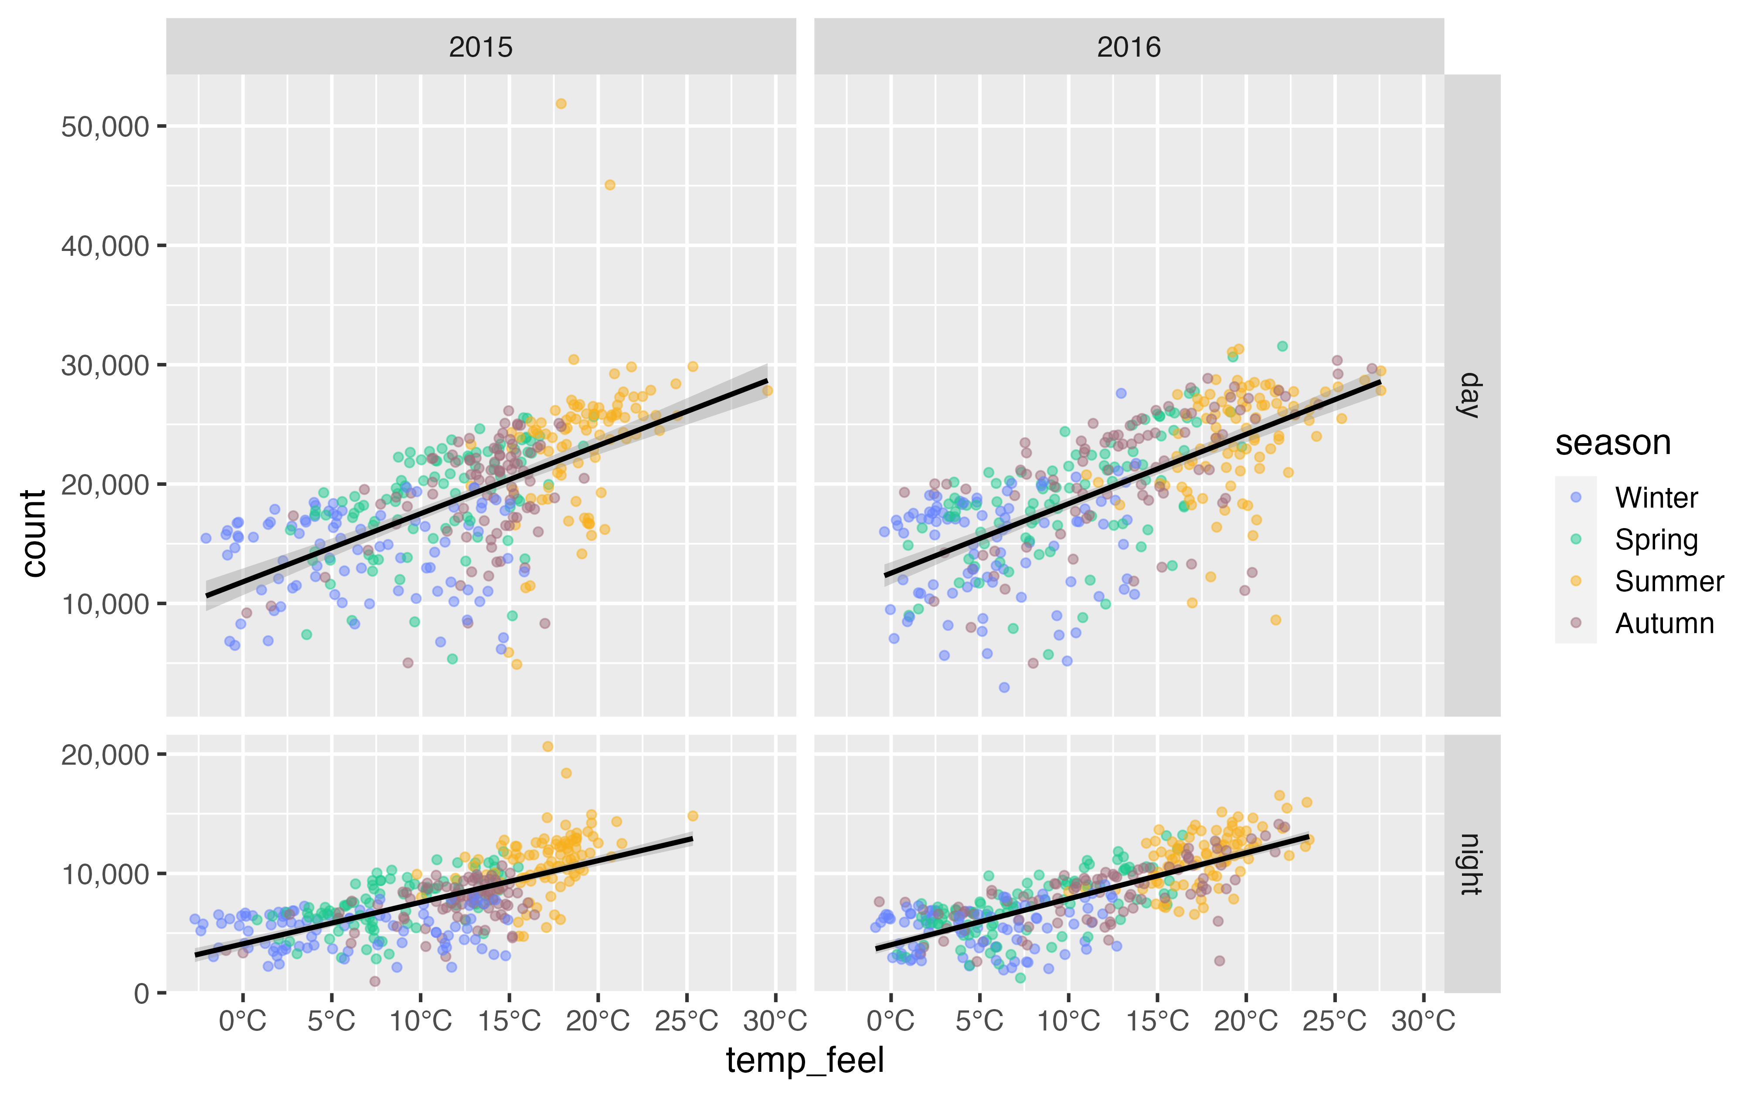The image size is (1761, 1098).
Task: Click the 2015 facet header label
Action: tap(480, 47)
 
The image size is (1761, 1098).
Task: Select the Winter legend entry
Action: tap(1656, 498)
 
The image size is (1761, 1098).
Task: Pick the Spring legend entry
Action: tap(1656, 539)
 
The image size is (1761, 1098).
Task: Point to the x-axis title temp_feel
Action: tap(805, 1060)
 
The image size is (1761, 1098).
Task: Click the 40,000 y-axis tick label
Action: tap(105, 246)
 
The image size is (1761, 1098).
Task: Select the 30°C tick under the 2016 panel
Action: tap(1423, 1020)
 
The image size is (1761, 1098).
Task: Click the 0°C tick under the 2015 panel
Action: tap(243, 1020)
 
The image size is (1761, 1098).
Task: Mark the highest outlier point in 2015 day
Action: tap(561, 104)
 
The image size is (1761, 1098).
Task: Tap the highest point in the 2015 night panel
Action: tap(548, 746)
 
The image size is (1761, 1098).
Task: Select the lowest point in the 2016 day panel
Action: tap(1004, 687)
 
